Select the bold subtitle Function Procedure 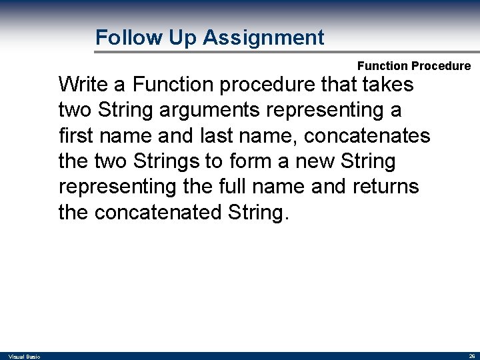click(x=413, y=66)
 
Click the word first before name click(x=75, y=136)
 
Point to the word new click(x=316, y=161)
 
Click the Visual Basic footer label click(x=24, y=357)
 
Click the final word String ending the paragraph click(x=263, y=212)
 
